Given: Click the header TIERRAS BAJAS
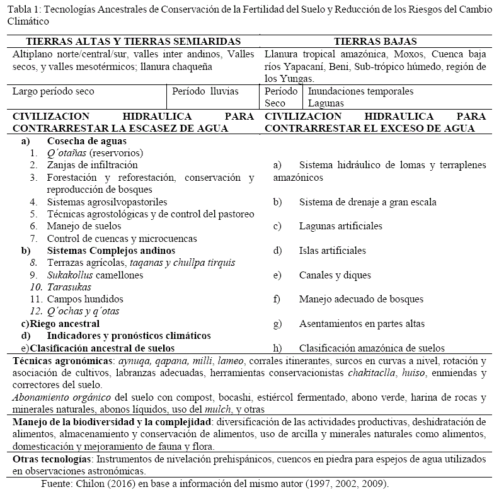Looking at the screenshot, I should [375, 42].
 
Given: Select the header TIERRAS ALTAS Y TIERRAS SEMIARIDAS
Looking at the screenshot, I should [127, 42].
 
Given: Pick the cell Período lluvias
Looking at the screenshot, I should [205, 91].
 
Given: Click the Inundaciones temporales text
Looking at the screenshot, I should [360, 91].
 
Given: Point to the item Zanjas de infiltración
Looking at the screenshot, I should [83, 165].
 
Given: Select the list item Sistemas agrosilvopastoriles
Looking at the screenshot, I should [107, 202].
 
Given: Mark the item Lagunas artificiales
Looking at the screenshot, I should [340, 226].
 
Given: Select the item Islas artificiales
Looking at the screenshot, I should [332, 251].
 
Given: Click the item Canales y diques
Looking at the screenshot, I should [335, 275].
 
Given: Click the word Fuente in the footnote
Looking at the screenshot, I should [57, 484].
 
